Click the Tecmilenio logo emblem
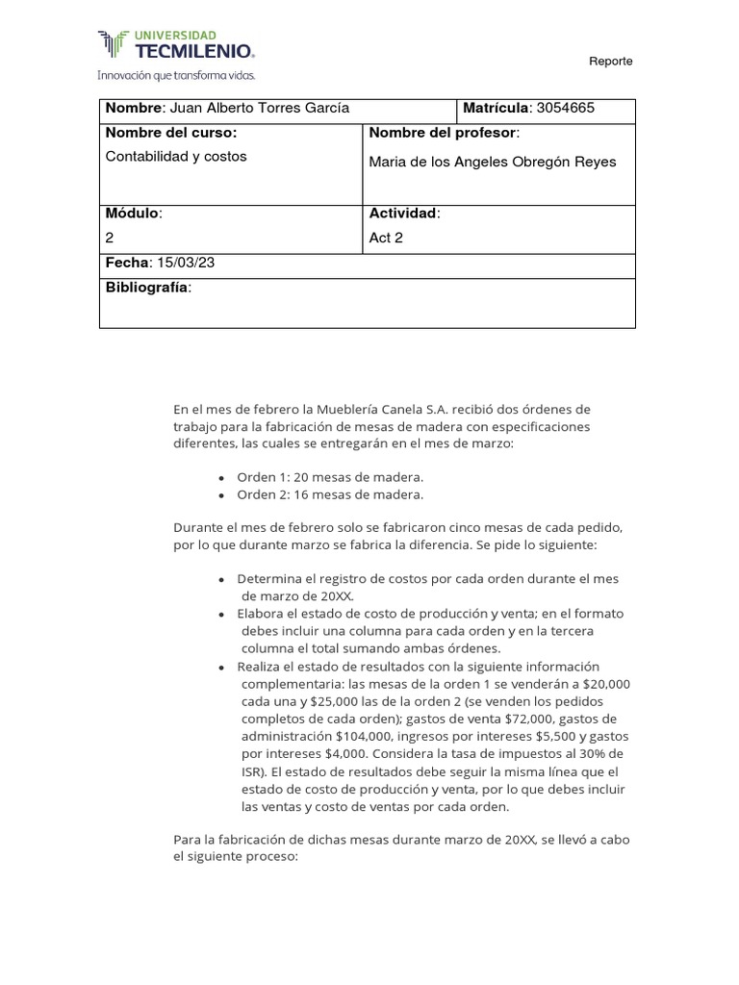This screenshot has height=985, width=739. pos(113,44)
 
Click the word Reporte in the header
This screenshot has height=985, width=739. pos(611,62)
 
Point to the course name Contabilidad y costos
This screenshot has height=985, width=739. pos(176,157)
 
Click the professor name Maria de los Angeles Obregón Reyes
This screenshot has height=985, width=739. pos(493,162)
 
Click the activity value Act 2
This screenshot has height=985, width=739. pos(386,238)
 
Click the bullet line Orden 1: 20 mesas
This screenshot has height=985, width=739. pos(330,477)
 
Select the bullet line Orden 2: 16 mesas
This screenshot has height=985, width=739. pos(330,494)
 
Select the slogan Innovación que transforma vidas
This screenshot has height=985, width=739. pos(176,74)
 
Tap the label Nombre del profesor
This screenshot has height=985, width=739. pos(444,133)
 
